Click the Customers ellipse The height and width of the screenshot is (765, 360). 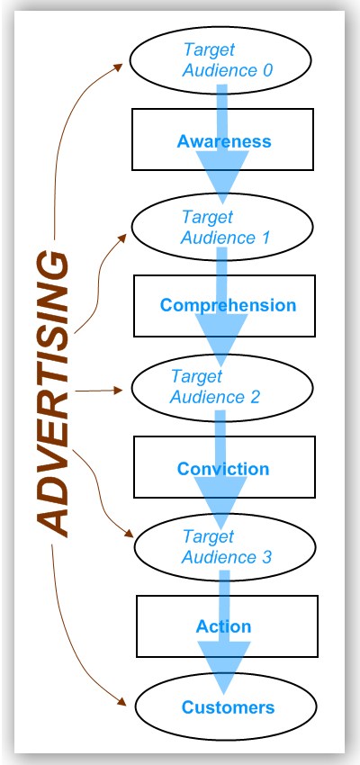228,707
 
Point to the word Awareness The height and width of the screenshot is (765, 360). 224,141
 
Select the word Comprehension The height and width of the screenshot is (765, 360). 228,305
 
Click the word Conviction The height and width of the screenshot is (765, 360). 223,469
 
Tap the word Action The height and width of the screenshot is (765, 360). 223,626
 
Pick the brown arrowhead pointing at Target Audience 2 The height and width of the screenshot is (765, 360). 122,391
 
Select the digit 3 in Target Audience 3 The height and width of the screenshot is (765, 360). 266,557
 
